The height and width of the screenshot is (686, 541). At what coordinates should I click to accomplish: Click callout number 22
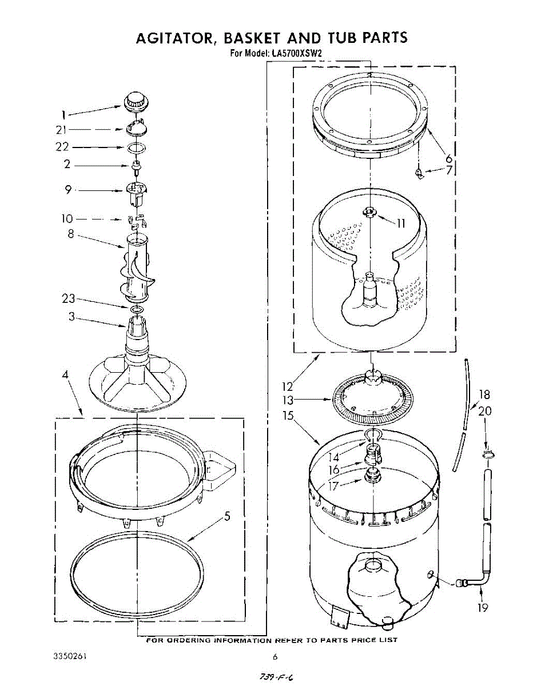tap(62, 147)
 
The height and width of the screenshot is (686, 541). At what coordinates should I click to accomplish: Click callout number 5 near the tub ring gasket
tap(227, 517)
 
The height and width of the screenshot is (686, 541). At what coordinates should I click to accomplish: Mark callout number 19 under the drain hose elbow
tap(483, 607)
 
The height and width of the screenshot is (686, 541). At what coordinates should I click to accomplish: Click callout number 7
tap(449, 170)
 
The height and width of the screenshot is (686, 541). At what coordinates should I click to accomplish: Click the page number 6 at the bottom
tap(275, 656)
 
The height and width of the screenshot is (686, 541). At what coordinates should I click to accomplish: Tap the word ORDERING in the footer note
tap(186, 640)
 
